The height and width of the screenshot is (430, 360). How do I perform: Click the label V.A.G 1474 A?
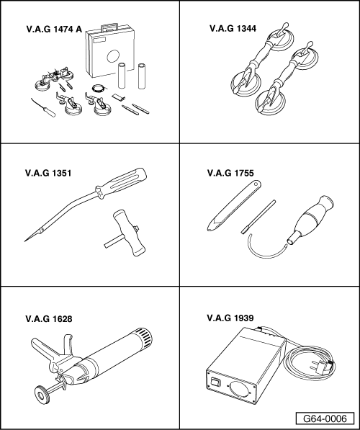click(x=54, y=29)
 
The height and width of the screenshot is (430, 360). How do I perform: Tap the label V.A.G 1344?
click(x=233, y=29)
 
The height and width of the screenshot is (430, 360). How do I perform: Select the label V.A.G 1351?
click(x=48, y=174)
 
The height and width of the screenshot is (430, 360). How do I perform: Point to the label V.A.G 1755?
click(x=230, y=173)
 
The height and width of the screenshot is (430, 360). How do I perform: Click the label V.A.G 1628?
click(x=49, y=319)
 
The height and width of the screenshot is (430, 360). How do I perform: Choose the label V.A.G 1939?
click(x=230, y=318)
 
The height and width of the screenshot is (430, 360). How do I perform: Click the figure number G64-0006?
click(x=325, y=418)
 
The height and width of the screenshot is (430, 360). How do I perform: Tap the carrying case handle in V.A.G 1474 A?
click(x=109, y=27)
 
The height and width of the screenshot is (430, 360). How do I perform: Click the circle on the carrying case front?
click(x=113, y=56)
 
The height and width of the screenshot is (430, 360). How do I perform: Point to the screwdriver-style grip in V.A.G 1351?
click(x=121, y=182)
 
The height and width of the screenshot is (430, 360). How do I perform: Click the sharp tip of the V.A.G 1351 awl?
click(x=25, y=241)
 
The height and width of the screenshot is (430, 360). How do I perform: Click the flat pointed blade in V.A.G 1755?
click(x=233, y=206)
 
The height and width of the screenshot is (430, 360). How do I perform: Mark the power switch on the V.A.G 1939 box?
click(x=215, y=382)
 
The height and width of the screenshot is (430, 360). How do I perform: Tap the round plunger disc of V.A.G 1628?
click(x=42, y=395)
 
